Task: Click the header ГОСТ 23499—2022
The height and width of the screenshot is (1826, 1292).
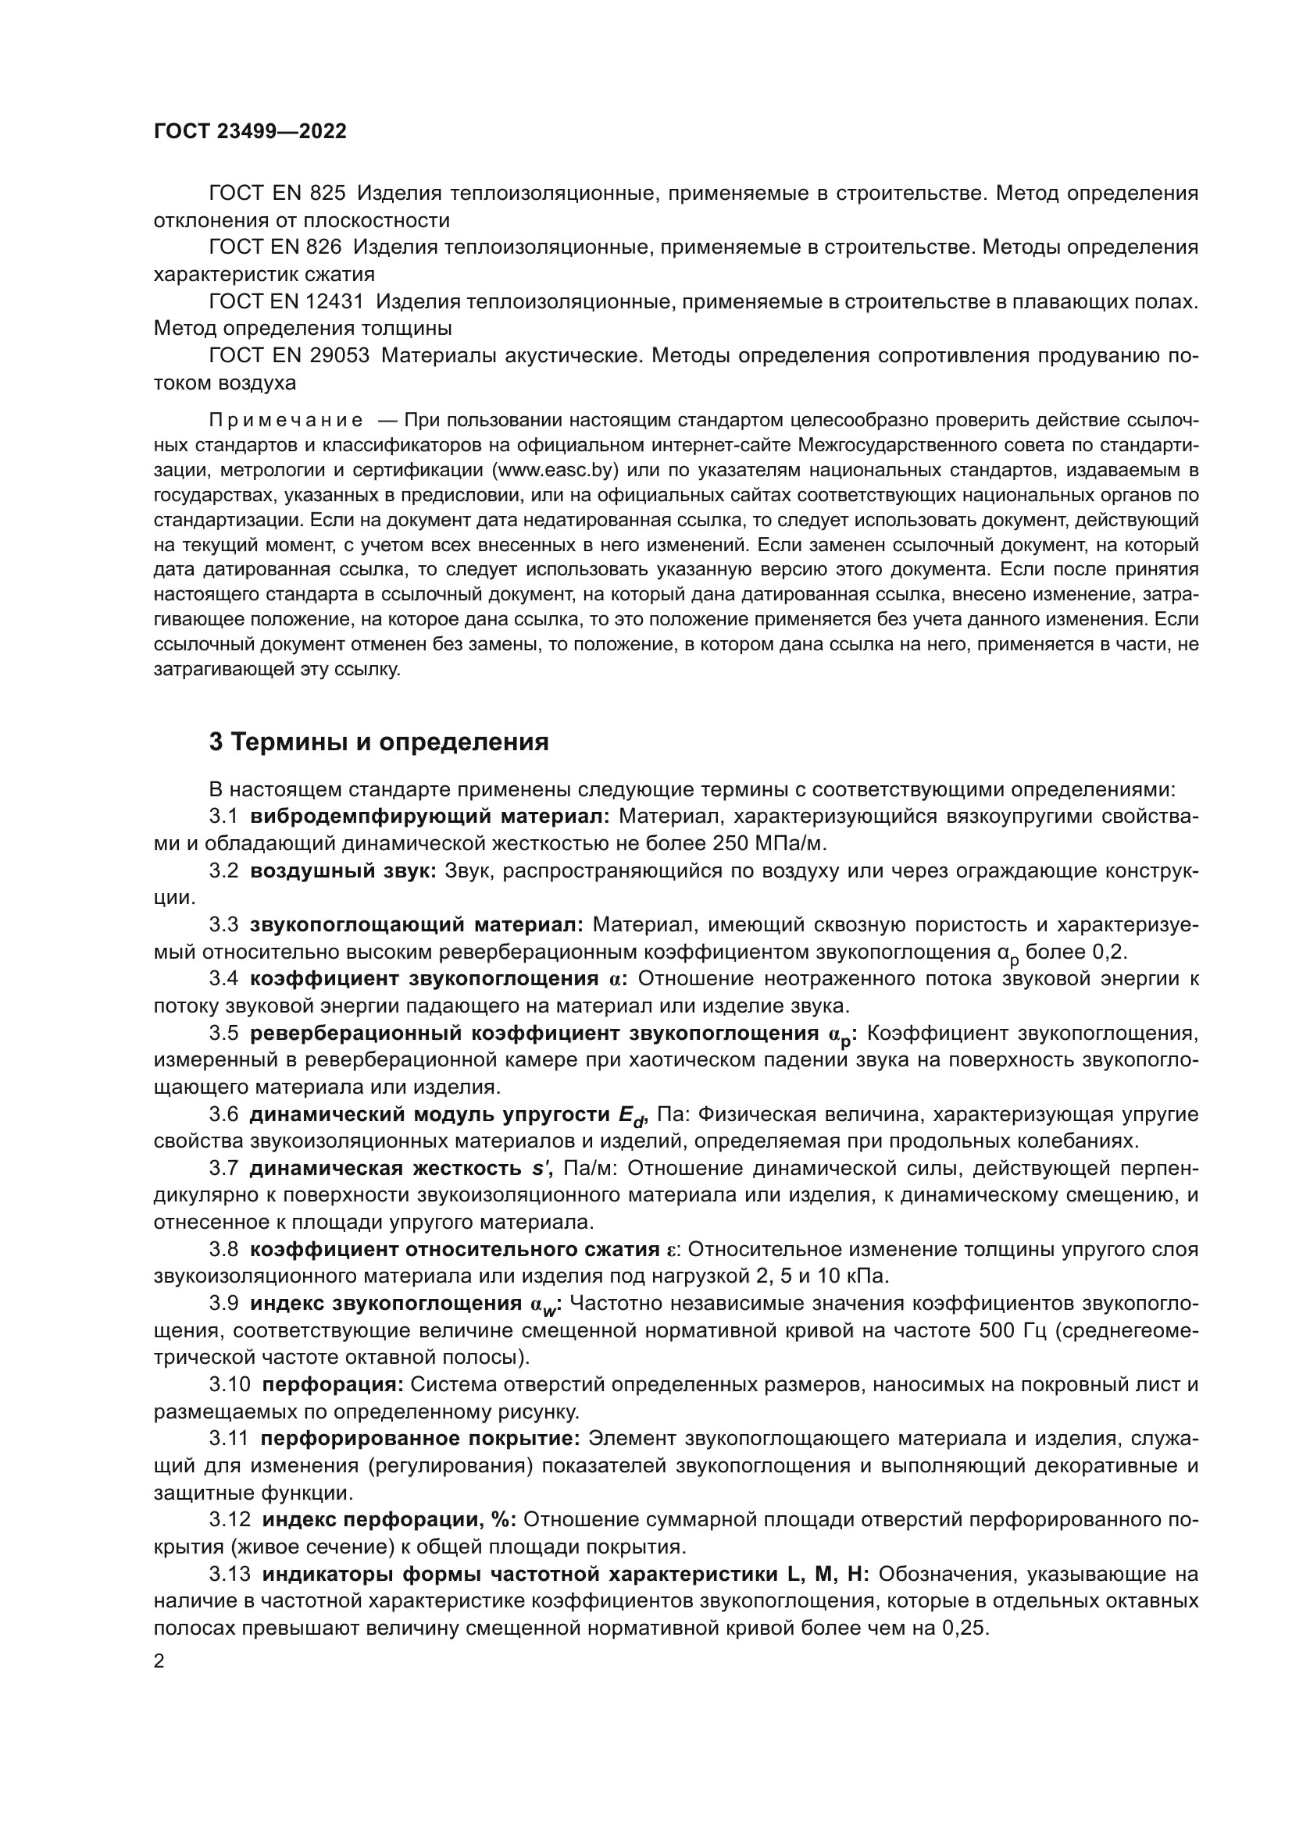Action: (250, 131)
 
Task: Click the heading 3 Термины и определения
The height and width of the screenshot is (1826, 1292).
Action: (379, 742)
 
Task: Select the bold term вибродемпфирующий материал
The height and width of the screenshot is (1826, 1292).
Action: (430, 817)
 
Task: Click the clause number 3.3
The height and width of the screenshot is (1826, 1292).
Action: (223, 925)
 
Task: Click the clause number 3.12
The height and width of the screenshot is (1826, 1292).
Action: (229, 1520)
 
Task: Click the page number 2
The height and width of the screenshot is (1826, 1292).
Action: (159, 1661)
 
